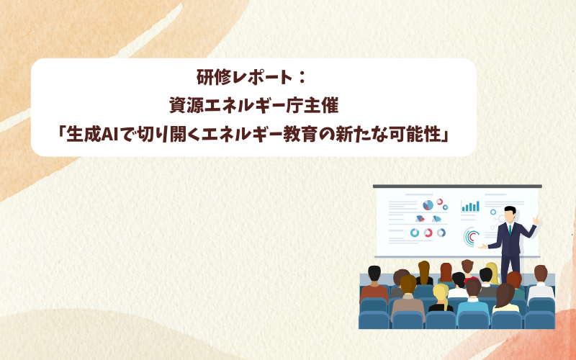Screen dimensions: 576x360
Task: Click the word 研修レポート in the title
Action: click(x=245, y=77)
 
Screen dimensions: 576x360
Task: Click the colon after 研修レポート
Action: click(x=302, y=78)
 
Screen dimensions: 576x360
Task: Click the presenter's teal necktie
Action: click(x=510, y=230)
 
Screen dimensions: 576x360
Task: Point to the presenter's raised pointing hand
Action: click(x=536, y=220)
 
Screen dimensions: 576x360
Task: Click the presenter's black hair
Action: click(x=510, y=210)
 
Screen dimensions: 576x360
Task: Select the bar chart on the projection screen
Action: click(x=470, y=206)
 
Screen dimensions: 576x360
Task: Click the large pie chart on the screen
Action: click(x=428, y=205)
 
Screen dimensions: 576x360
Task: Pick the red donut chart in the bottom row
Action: click(x=428, y=233)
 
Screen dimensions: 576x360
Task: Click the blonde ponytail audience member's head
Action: click(x=441, y=293)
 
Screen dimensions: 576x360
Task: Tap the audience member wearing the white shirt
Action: click(x=541, y=283)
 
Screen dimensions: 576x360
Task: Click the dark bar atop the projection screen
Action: click(x=457, y=186)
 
